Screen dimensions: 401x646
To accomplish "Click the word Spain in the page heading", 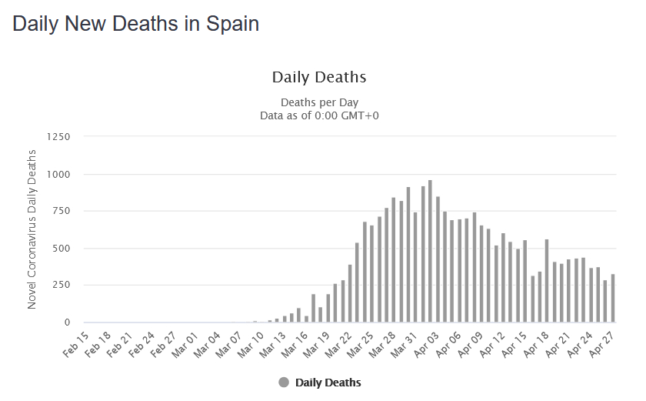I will click(232, 24).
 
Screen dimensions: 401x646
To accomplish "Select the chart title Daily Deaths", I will click(319, 78).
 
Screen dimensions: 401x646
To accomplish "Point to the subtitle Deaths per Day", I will click(319, 102).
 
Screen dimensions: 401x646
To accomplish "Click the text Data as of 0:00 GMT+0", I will click(319, 115).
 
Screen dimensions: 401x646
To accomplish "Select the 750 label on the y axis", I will click(61, 212).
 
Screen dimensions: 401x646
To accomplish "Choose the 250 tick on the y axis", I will click(61, 286).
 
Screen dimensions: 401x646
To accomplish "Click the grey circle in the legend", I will click(284, 383).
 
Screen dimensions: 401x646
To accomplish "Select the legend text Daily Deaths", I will click(328, 383).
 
